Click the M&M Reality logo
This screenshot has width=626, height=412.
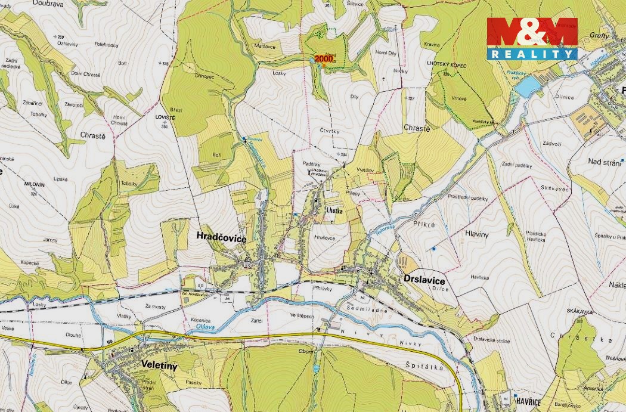pyautogui.click(x=532, y=39)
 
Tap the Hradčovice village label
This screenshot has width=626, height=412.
pyautogui.click(x=221, y=237)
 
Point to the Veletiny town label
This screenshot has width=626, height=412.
pyautogui.click(x=159, y=365)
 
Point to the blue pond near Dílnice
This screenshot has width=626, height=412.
pyautogui.click(x=525, y=88)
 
